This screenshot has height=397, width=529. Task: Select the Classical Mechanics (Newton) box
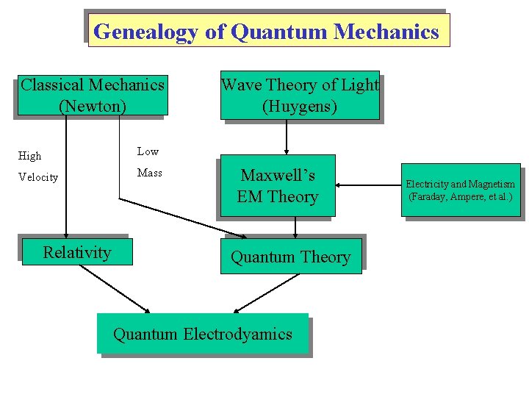93,96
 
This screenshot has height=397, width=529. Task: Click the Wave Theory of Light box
300,96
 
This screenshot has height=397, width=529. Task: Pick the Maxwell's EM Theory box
277,186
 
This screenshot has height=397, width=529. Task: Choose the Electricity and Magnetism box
461,190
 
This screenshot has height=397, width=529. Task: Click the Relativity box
77,253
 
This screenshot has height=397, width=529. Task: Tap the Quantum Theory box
291,257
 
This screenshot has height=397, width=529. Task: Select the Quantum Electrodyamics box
202,335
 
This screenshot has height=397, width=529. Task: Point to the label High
30,156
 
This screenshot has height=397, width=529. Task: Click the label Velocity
38,177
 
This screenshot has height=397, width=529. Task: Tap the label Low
148,151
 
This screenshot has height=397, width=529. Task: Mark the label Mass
149,173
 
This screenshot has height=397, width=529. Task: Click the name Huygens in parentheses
300,107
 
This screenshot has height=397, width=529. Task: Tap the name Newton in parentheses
93,107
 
